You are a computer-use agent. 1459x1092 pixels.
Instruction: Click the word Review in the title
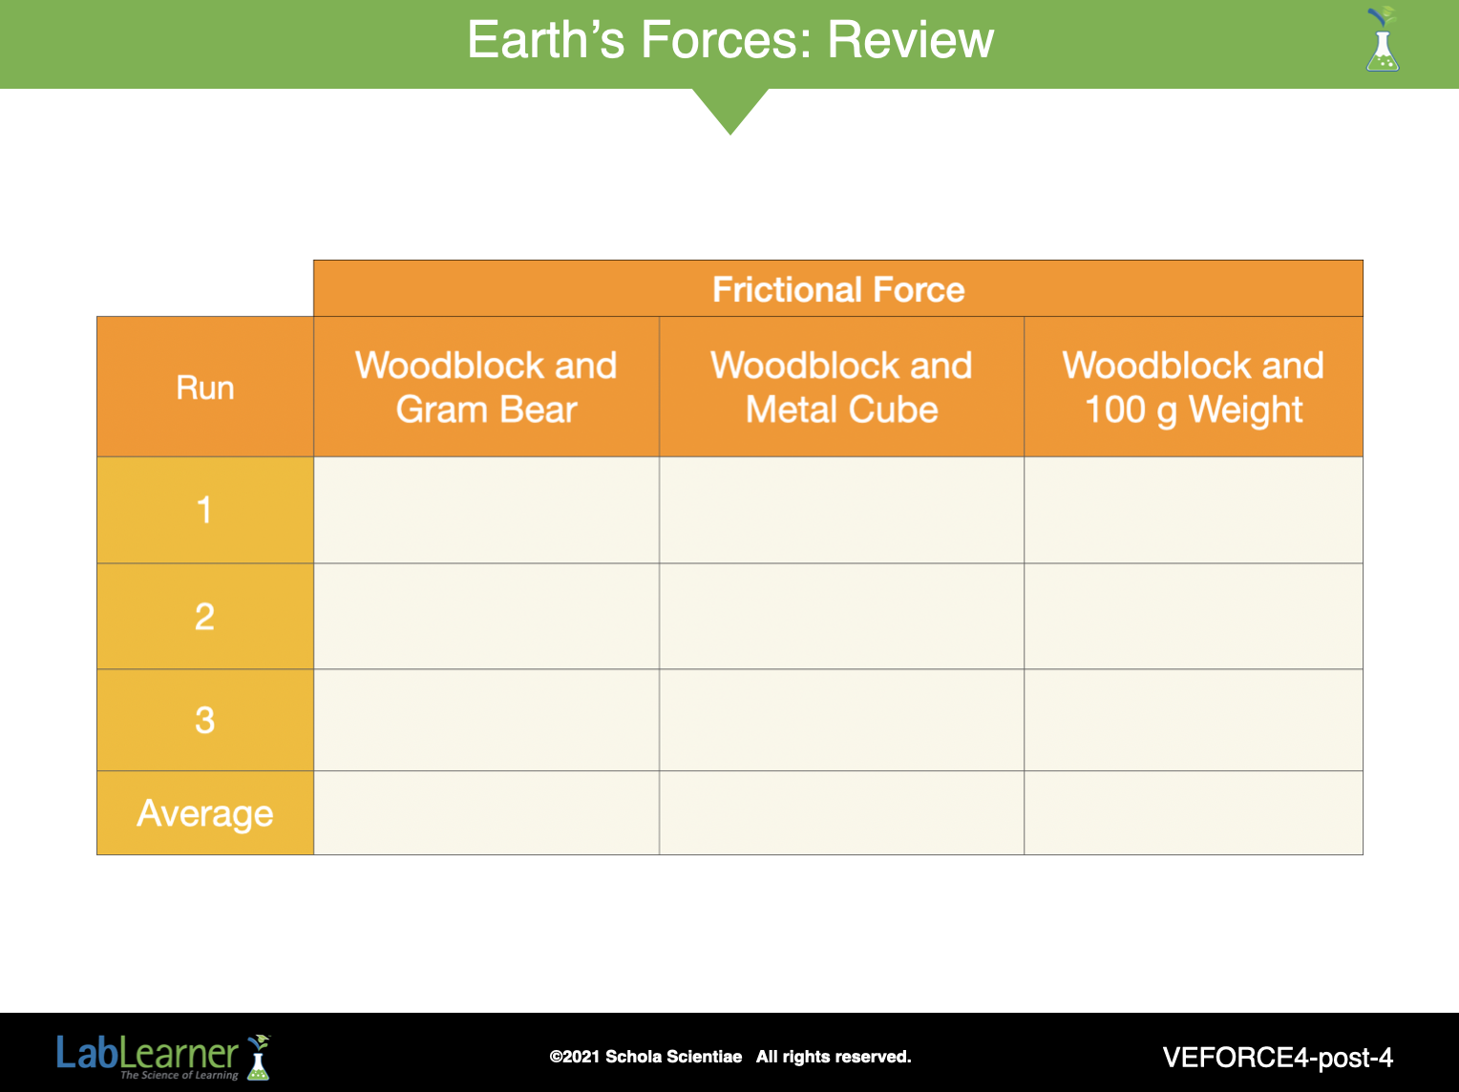(x=910, y=39)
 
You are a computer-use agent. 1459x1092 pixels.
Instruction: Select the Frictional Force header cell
(x=838, y=288)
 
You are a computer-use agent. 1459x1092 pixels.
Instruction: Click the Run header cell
(x=205, y=387)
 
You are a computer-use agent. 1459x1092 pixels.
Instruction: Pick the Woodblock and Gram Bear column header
(x=487, y=387)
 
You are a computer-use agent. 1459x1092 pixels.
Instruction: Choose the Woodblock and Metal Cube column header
(x=841, y=387)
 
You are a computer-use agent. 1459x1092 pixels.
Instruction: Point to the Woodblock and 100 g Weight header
(x=1194, y=387)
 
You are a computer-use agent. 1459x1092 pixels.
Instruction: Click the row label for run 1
(x=205, y=510)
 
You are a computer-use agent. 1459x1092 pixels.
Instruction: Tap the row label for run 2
(x=205, y=617)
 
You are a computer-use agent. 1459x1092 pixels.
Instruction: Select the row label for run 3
(x=205, y=720)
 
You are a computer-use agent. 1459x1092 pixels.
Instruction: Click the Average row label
(x=205, y=813)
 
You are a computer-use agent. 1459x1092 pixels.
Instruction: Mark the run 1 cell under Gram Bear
(x=487, y=510)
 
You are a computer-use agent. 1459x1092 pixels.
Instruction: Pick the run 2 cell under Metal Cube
(x=841, y=617)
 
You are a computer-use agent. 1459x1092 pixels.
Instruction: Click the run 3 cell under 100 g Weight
(x=1194, y=720)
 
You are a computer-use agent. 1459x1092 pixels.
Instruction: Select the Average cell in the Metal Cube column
(x=841, y=813)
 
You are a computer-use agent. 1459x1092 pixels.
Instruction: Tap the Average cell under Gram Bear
(x=487, y=813)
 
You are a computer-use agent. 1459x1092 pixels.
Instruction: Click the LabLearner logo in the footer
(x=163, y=1057)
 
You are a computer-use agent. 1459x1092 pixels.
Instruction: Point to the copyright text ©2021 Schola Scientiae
(x=645, y=1057)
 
